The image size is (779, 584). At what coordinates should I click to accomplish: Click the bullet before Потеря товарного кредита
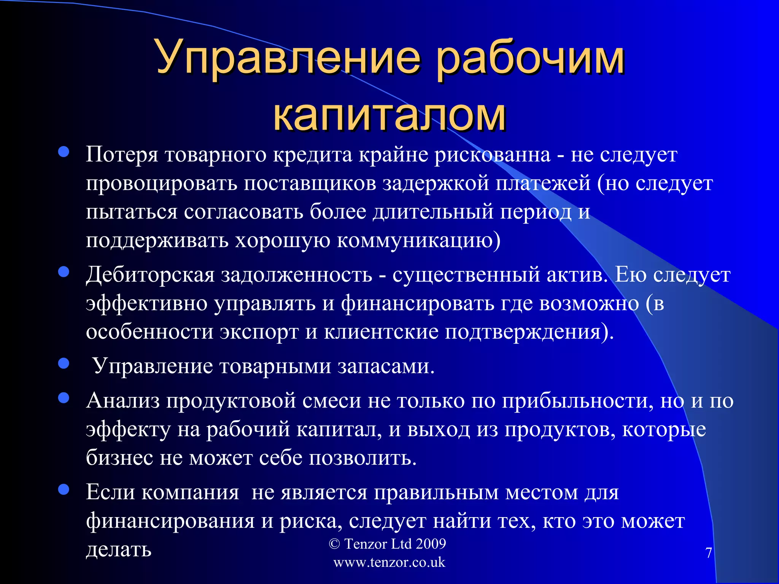(x=64, y=152)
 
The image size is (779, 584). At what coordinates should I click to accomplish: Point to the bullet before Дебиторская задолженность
(x=64, y=272)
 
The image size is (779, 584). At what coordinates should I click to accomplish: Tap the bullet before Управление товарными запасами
(x=64, y=364)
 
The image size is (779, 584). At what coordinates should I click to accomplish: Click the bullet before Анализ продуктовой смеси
(x=64, y=398)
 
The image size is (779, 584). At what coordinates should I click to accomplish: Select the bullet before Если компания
(x=64, y=490)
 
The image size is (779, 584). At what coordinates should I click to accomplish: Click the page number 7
(x=708, y=553)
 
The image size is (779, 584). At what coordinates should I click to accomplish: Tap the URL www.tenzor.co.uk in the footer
(x=389, y=562)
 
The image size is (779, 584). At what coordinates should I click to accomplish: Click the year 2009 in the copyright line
(x=431, y=544)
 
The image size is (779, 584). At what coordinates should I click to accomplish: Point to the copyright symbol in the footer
(x=334, y=544)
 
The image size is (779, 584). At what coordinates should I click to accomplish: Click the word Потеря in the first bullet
(x=122, y=155)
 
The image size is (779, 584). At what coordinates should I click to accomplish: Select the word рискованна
(x=492, y=155)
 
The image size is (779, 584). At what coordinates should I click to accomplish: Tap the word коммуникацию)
(x=418, y=241)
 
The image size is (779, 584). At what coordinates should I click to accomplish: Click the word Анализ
(x=123, y=401)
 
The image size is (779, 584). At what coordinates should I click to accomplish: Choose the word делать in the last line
(x=119, y=549)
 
